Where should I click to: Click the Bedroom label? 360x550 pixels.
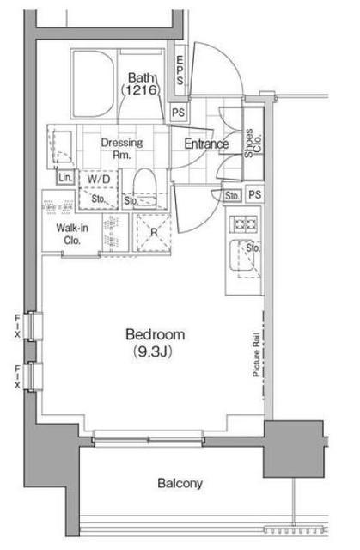(156, 334)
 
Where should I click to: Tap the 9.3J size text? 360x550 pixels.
(152, 351)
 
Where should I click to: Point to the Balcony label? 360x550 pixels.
(180, 483)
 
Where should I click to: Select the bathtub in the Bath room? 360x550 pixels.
(94, 84)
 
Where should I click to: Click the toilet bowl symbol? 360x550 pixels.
(144, 186)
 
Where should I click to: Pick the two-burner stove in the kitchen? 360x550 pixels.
(243, 223)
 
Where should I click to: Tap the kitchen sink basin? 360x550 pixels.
(242, 255)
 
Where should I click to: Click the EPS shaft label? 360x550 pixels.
(180, 70)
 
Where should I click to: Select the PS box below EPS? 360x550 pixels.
(179, 113)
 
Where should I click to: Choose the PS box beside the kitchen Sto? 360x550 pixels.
(255, 194)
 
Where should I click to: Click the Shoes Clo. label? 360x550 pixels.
(253, 144)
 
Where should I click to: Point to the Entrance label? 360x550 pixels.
(206, 144)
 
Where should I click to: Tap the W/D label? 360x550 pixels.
(99, 180)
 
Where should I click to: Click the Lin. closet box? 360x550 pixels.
(65, 177)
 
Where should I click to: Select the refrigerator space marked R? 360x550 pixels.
(153, 232)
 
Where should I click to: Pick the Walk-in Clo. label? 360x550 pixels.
(72, 235)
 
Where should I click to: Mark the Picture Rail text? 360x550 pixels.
(256, 354)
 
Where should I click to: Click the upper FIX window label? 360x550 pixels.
(17, 327)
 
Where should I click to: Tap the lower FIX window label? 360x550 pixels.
(17, 376)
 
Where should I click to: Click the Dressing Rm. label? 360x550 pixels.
(122, 149)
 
